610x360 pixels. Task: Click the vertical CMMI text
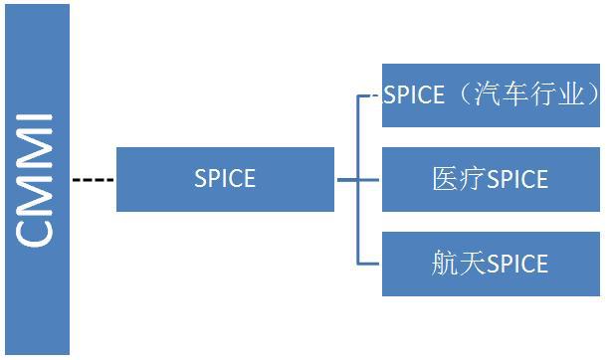coord(37,180)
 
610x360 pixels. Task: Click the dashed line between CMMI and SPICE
coord(93,180)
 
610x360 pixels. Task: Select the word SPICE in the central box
coord(224,179)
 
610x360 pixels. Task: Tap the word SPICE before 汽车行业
coord(415,95)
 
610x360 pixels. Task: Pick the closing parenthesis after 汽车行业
coord(593,95)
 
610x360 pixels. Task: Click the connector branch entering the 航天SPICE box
coord(370,264)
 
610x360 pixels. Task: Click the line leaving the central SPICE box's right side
coord(347,180)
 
